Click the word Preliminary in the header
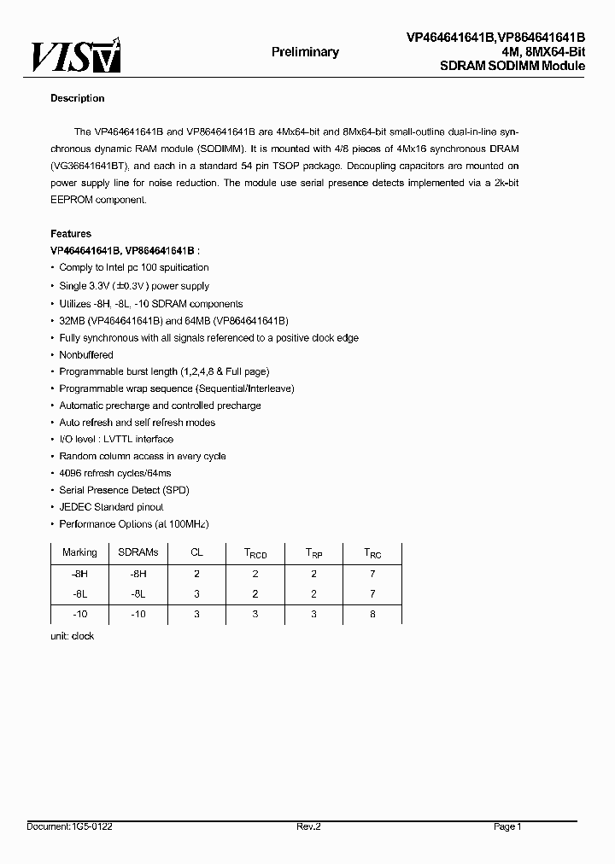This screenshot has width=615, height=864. click(x=305, y=52)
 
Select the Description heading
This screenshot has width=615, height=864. click(x=77, y=98)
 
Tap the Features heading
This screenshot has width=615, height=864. click(x=71, y=234)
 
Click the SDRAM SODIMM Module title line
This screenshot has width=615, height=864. click(x=512, y=66)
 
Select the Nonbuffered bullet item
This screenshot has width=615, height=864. click(x=86, y=354)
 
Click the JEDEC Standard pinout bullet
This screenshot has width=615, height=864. click(x=111, y=507)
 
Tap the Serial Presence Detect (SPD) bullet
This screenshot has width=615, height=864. click(x=124, y=490)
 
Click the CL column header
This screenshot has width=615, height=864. click(x=196, y=552)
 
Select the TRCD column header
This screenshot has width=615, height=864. click(x=255, y=553)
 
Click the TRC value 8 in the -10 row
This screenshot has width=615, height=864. click(x=372, y=614)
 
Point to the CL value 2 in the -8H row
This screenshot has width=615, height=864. click(x=196, y=574)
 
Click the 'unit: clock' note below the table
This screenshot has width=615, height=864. click(x=73, y=636)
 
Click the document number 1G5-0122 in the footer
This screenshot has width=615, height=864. click(x=91, y=826)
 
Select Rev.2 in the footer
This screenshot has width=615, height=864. click(x=307, y=826)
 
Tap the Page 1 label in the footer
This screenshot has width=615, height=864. click(x=507, y=826)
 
